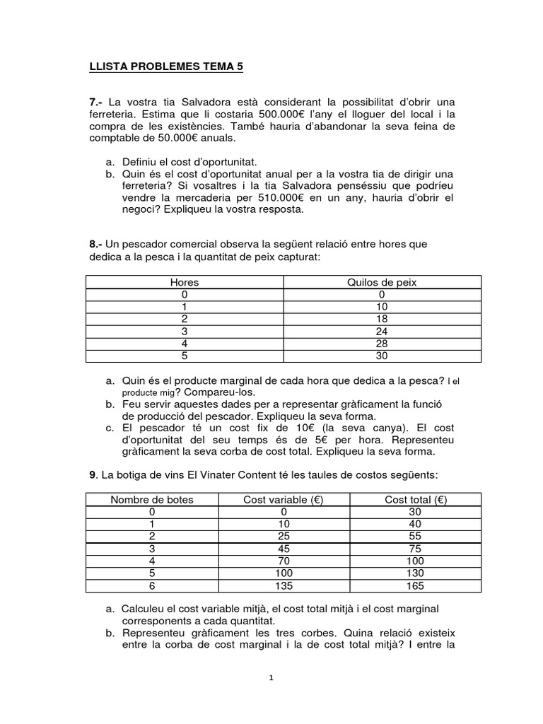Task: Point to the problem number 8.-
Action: coord(96,244)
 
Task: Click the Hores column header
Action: coord(185,282)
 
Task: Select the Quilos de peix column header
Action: coord(382,282)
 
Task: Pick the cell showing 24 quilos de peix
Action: coord(382,330)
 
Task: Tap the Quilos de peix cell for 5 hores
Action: coord(382,355)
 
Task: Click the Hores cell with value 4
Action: coord(185,343)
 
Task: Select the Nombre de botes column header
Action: coord(151,499)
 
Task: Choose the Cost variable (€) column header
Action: coord(283,499)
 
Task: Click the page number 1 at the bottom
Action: coord(271,677)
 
